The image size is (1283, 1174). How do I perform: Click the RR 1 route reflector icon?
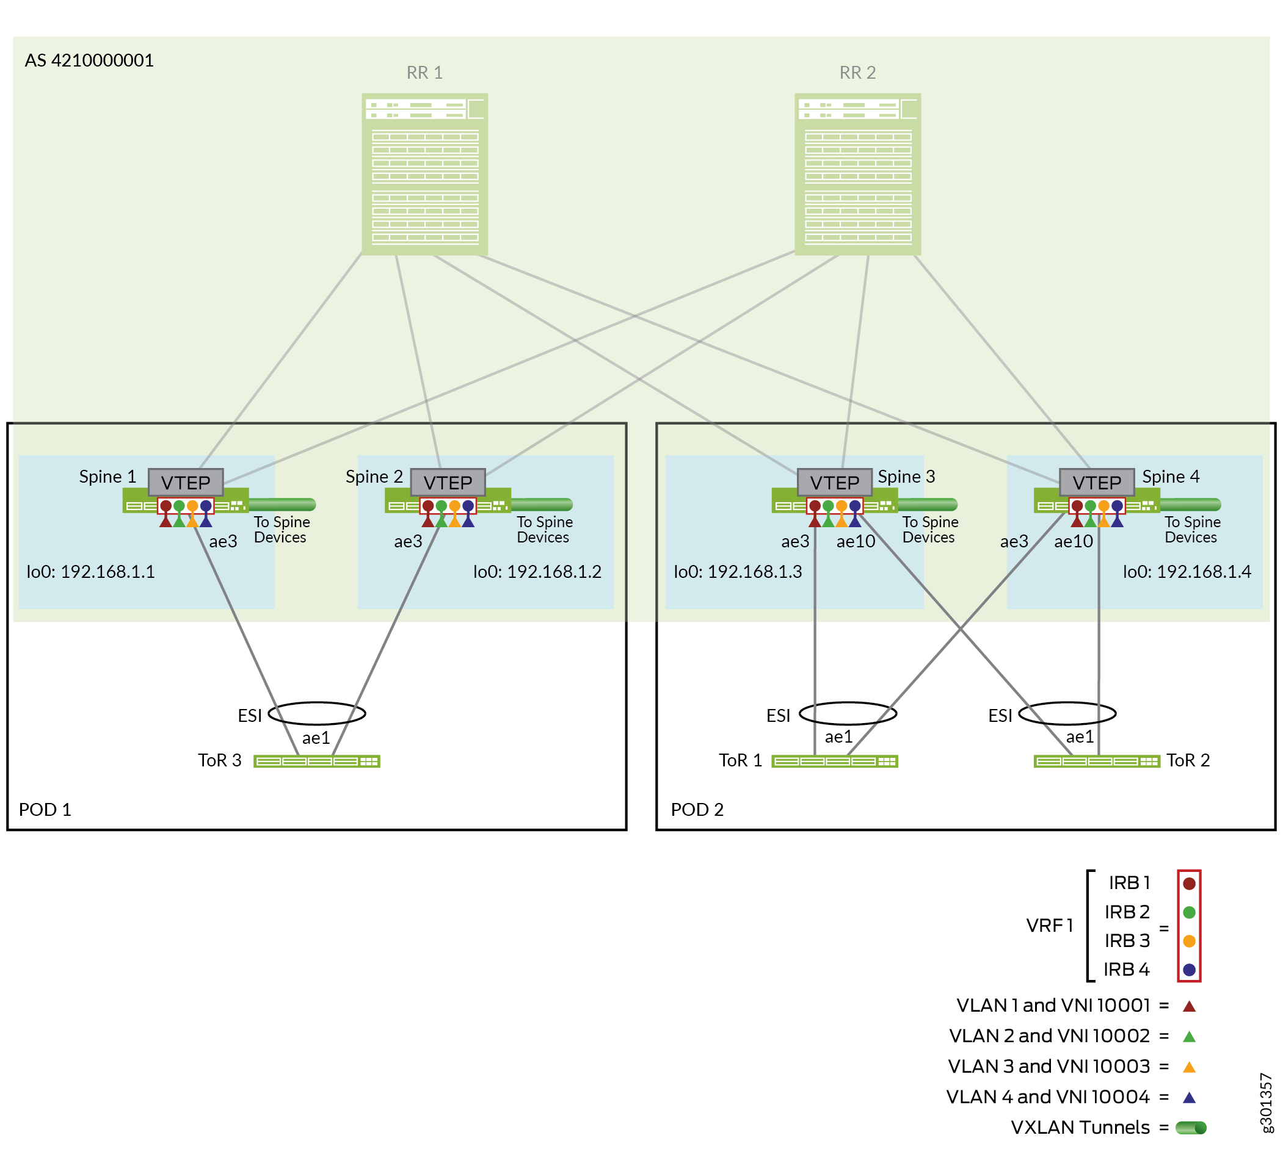point(424,175)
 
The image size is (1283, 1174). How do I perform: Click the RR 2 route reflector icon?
point(857,175)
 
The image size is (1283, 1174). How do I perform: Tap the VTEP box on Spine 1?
point(185,483)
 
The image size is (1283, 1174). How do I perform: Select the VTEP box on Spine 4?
point(1097,483)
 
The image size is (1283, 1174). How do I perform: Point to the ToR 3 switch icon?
point(316,762)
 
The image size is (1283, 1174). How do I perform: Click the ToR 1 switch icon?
point(834,762)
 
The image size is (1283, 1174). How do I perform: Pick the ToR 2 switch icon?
point(1097,762)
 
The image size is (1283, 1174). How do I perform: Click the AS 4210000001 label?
point(89,60)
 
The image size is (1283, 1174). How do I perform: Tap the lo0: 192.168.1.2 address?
point(537,572)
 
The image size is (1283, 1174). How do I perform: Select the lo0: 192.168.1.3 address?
point(738,572)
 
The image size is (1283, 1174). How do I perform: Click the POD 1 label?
point(45,810)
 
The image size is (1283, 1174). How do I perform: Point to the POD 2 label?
point(697,810)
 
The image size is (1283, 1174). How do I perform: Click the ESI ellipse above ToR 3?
point(317,713)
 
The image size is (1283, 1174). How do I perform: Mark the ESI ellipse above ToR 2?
point(1067,713)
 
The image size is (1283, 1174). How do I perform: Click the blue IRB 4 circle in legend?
point(1189,970)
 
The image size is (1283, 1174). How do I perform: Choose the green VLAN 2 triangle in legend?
point(1189,1037)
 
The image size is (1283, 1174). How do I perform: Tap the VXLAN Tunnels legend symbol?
point(1191,1128)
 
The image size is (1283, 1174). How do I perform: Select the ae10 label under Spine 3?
point(856,542)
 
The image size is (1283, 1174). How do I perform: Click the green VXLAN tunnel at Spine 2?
point(542,505)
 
